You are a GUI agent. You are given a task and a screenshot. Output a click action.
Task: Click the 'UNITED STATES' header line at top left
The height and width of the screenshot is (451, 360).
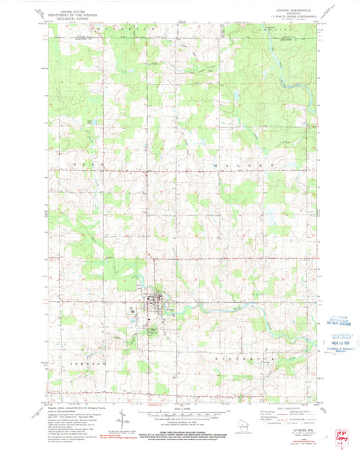[x=61, y=11]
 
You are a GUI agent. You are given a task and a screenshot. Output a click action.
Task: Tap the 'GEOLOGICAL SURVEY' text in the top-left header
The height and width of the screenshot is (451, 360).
[x=61, y=18]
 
